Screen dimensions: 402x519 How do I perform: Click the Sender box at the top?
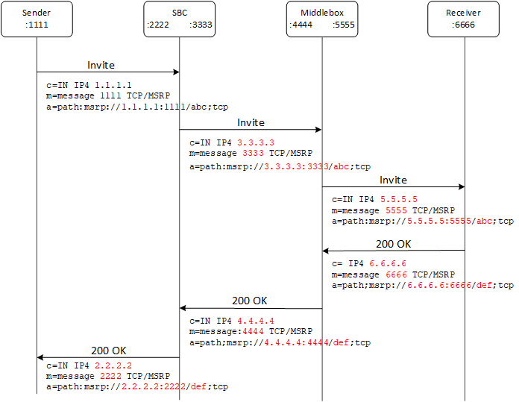[x=37, y=19]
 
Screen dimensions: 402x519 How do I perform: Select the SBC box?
[x=179, y=19]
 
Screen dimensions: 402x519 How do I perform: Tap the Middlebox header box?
[x=322, y=19]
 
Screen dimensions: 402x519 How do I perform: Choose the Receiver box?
[x=464, y=19]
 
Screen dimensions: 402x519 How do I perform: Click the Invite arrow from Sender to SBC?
[x=108, y=72]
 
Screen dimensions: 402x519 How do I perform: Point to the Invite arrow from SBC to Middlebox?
[x=251, y=130]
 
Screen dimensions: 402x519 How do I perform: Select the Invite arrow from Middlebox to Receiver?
[x=393, y=187]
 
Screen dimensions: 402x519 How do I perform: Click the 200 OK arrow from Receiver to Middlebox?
[x=393, y=251]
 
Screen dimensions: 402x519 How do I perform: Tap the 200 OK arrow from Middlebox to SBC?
[x=251, y=308]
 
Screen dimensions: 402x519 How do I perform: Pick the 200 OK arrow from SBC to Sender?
[x=108, y=357]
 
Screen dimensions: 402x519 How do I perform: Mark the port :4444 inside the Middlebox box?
[x=301, y=25]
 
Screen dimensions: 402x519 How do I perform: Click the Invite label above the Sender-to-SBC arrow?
[x=101, y=65]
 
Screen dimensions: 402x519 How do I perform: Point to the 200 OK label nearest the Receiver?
[x=393, y=244]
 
